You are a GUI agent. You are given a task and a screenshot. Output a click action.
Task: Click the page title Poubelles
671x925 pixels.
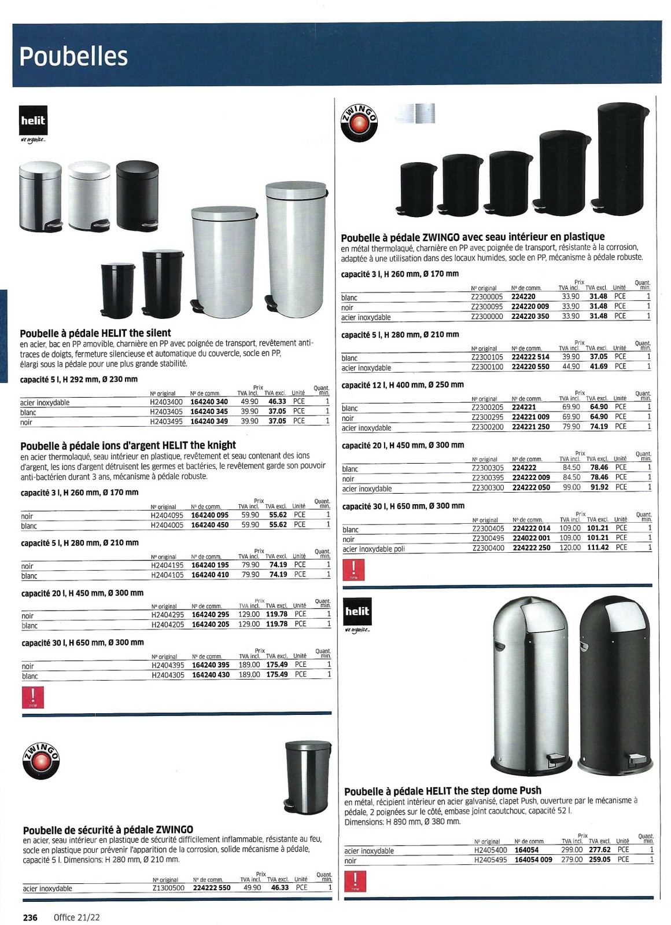tap(73, 56)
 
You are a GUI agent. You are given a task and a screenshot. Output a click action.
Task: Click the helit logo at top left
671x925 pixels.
tap(33, 121)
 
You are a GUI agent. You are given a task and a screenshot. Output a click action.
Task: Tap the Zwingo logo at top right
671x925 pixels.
tap(359, 122)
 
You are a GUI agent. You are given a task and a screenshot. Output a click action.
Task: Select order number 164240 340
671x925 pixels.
tap(209, 401)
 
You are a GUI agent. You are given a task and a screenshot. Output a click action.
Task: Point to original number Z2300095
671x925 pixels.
tap(487, 306)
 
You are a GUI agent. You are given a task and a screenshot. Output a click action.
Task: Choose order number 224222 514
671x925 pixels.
tap(530, 357)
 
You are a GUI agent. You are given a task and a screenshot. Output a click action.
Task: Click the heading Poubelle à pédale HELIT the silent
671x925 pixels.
tap(95, 333)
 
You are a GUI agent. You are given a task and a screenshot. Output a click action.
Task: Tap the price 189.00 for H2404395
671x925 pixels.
tap(249, 665)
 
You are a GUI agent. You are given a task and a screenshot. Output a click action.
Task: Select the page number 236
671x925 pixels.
tap(30, 917)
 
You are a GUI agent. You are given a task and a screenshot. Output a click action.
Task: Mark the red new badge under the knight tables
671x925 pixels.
tap(32, 698)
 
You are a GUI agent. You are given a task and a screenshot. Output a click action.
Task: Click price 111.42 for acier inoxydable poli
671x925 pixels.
tap(598, 547)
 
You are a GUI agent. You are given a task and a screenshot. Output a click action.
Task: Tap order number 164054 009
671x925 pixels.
tap(533, 860)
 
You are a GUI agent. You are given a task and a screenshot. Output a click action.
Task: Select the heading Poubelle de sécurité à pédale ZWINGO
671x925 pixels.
tap(108, 829)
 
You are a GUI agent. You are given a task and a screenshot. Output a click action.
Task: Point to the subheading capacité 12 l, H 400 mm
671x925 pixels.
tap(403, 384)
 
